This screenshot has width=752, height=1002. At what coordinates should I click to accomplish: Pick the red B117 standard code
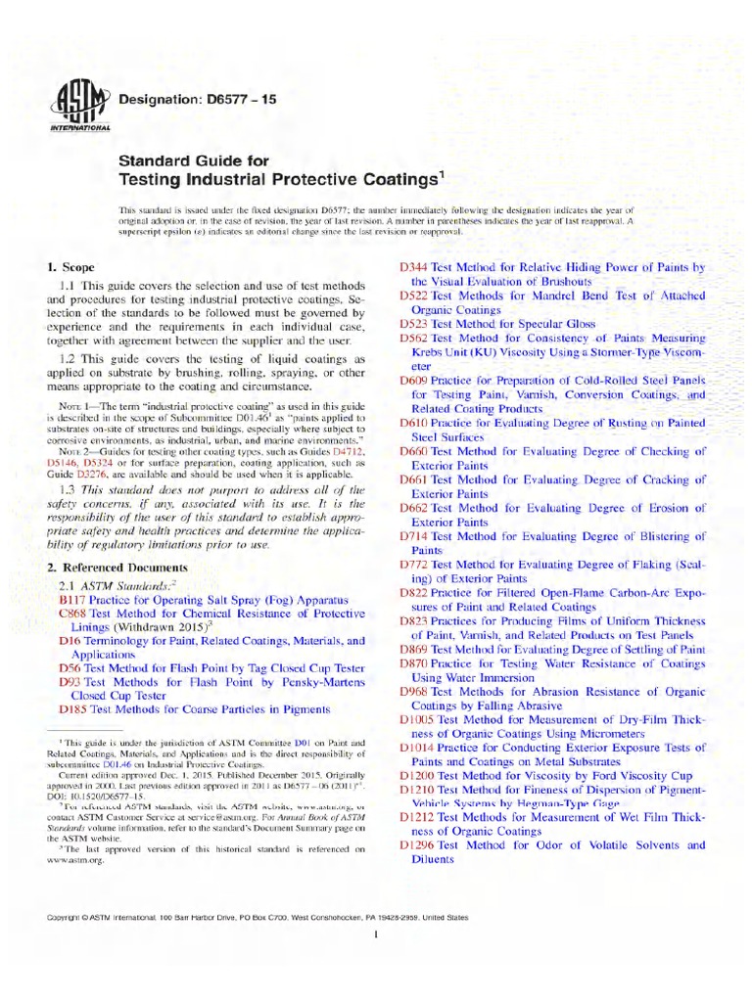73,596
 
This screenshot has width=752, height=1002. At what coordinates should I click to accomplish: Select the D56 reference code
70,667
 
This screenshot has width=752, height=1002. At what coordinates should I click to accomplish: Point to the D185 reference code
73,709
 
